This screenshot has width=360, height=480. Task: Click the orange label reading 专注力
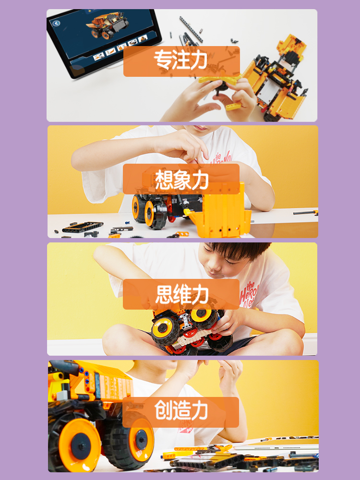[x=181, y=61]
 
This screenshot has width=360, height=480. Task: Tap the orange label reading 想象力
[x=181, y=179]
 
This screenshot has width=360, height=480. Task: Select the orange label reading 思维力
[x=181, y=294]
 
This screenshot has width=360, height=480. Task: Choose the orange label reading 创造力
[x=180, y=412]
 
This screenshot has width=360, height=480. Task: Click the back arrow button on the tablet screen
[x=56, y=23]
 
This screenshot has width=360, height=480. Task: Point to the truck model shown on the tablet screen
[x=107, y=25]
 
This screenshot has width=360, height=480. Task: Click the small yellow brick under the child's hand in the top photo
[x=233, y=107]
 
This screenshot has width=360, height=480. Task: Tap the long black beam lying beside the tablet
[x=191, y=29]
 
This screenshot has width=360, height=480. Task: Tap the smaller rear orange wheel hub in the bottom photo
[x=141, y=440]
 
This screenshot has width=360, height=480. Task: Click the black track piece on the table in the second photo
[x=83, y=227]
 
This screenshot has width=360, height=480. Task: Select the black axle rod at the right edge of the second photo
[x=305, y=213]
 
